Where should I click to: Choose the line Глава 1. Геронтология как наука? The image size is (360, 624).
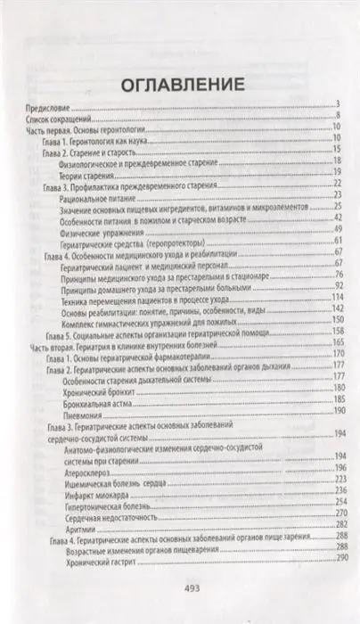pyautogui.click(x=99, y=138)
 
